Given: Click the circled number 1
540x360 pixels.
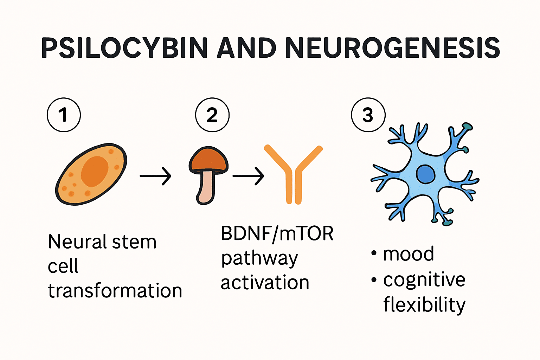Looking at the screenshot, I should click(64, 115).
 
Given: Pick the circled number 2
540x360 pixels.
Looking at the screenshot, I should click(212, 115).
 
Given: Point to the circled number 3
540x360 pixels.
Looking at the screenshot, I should click(368, 115).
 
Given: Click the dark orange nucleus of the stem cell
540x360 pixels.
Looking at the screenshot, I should click(95, 171).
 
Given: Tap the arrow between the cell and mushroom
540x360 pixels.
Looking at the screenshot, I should click(155, 176).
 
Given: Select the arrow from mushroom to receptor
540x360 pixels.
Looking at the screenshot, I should click(248, 176).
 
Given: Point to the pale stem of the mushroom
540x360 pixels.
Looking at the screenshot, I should click(206, 188).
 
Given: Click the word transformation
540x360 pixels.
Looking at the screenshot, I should click(115, 291).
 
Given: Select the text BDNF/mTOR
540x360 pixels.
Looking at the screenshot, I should click(277, 233).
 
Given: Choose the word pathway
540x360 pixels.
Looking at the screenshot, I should click(259, 259).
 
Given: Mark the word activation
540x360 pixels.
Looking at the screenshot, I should click(265, 283).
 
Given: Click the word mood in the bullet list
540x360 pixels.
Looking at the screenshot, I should click(409, 254).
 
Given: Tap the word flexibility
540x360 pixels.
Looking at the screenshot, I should click(424, 304).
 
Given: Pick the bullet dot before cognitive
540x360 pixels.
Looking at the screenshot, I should click(374, 280).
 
